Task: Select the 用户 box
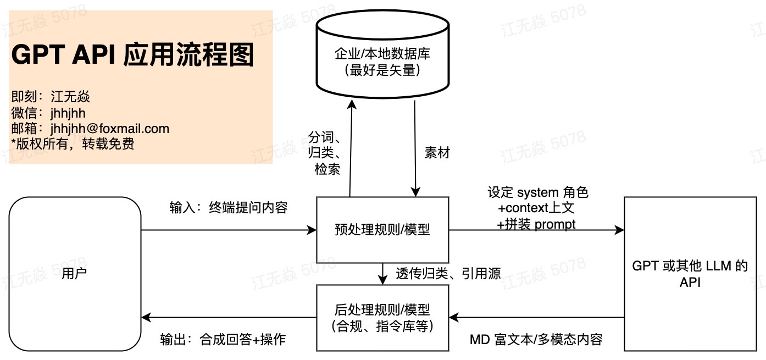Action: pos(75,274)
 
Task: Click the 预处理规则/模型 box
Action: pos(382,230)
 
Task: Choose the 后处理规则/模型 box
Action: pos(382,318)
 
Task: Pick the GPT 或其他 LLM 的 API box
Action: pos(690,274)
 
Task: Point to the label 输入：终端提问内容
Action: pos(229,208)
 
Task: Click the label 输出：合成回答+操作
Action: pos(223,339)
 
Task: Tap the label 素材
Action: pos(437,153)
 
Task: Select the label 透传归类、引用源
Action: pos(448,273)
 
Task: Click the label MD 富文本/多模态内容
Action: pos(536,339)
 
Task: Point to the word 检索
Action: pos(327,169)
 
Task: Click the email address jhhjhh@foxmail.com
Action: pos(109,129)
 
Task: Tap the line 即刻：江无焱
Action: pos(51,97)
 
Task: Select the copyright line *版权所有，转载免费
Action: pos(73,144)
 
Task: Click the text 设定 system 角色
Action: pos(537,192)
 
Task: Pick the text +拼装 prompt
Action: pos(536,224)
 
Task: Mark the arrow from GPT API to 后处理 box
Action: pos(536,317)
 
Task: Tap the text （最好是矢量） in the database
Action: pos(382,70)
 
